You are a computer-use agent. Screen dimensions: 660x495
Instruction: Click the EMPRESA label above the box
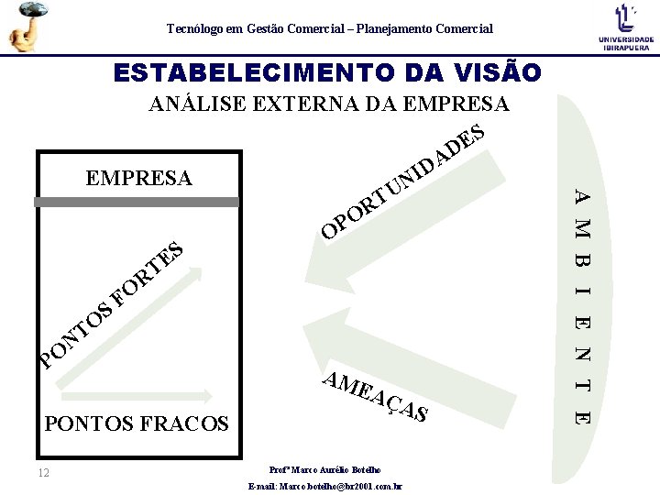(138, 177)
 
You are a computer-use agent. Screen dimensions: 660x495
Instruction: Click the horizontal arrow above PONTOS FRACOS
(137, 396)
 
